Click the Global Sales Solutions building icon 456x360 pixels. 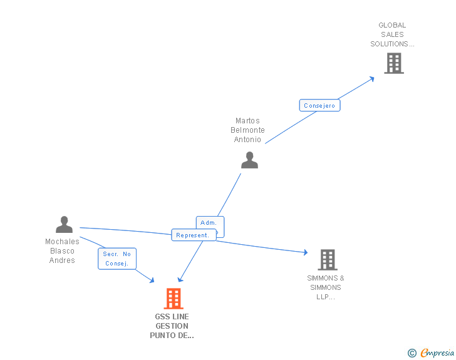[393, 63]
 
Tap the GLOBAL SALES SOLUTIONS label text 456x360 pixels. [392, 34]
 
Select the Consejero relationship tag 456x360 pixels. [319, 105]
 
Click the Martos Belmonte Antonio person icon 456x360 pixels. [249, 160]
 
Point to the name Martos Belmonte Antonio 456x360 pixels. [247, 130]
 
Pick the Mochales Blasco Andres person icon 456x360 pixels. [64, 224]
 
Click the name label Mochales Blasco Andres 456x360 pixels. [62, 250]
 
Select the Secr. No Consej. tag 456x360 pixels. [117, 259]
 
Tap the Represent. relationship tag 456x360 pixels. [193, 235]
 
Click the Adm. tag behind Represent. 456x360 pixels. [209, 223]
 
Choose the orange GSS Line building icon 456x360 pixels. [174, 299]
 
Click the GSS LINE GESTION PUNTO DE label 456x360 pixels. [172, 326]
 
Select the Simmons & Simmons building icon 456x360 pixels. [327, 259]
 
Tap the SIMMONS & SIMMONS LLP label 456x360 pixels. [326, 287]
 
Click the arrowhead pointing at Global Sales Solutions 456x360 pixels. [371, 78]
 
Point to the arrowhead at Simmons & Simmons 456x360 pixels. [305, 252]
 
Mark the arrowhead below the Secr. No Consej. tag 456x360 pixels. [151, 280]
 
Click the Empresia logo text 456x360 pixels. [437, 353]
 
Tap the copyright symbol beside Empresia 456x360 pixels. [412, 353]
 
